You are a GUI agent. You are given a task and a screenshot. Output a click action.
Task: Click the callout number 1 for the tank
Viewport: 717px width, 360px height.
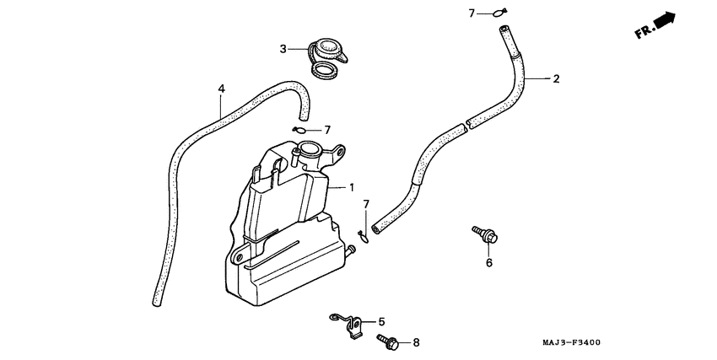353,188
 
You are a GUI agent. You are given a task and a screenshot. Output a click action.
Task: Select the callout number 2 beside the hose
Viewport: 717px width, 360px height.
556,79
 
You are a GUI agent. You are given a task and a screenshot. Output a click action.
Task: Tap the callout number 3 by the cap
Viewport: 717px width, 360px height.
284,49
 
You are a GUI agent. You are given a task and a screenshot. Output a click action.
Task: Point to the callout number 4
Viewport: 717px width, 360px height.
221,89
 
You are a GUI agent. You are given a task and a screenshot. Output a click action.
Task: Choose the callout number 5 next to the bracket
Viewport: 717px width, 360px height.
380,321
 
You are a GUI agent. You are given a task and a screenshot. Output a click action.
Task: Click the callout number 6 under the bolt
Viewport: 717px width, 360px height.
488,262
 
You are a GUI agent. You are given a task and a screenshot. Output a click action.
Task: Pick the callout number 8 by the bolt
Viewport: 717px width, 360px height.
415,342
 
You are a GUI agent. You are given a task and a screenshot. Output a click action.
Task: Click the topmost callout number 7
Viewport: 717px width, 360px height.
473,13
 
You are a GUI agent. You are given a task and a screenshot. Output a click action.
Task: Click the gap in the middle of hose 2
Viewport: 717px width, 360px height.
466,127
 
